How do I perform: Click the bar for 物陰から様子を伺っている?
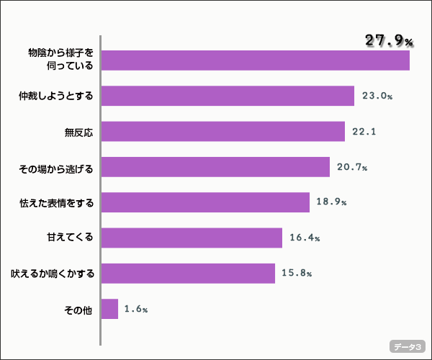tap(256, 60)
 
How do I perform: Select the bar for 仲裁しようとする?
tap(228, 96)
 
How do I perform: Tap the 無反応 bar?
tap(223, 131)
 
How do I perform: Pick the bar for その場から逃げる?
tap(215, 167)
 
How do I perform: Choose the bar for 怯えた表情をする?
tap(205, 202)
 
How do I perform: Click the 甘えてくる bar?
tap(192, 238)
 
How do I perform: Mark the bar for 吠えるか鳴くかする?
tap(188, 274)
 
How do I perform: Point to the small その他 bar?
tap(109, 309)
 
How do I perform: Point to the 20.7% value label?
tap(352, 168)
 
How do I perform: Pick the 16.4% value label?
tap(305, 238)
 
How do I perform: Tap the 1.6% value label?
tap(135, 310)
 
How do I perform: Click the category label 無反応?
tap(80, 132)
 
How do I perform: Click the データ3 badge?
tap(408, 346)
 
